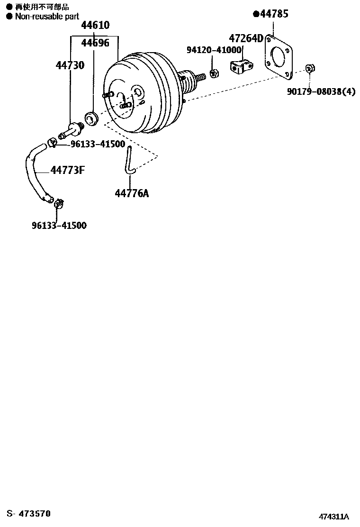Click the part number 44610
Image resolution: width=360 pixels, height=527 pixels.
coord(95,25)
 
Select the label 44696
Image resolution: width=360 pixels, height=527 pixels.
coord(95,43)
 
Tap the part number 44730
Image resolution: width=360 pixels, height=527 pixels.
coord(70,65)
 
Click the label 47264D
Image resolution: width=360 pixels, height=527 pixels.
coord(246,38)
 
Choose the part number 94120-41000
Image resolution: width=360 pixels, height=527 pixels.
coord(214,50)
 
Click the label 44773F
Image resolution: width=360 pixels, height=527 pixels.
coord(67,170)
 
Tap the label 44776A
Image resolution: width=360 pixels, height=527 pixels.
coord(132,193)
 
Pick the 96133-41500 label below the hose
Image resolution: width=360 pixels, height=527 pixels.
coord(59,225)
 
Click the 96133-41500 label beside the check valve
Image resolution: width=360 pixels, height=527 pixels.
coord(98,144)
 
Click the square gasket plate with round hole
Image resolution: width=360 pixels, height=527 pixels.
coord(279,57)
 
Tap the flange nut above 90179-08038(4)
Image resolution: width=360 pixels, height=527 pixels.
coord(310,69)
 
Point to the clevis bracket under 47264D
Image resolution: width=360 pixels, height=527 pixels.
coord(242,66)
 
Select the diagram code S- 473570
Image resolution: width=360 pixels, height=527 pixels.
coord(28,514)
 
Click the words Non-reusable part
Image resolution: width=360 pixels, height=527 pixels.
coord(47,16)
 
